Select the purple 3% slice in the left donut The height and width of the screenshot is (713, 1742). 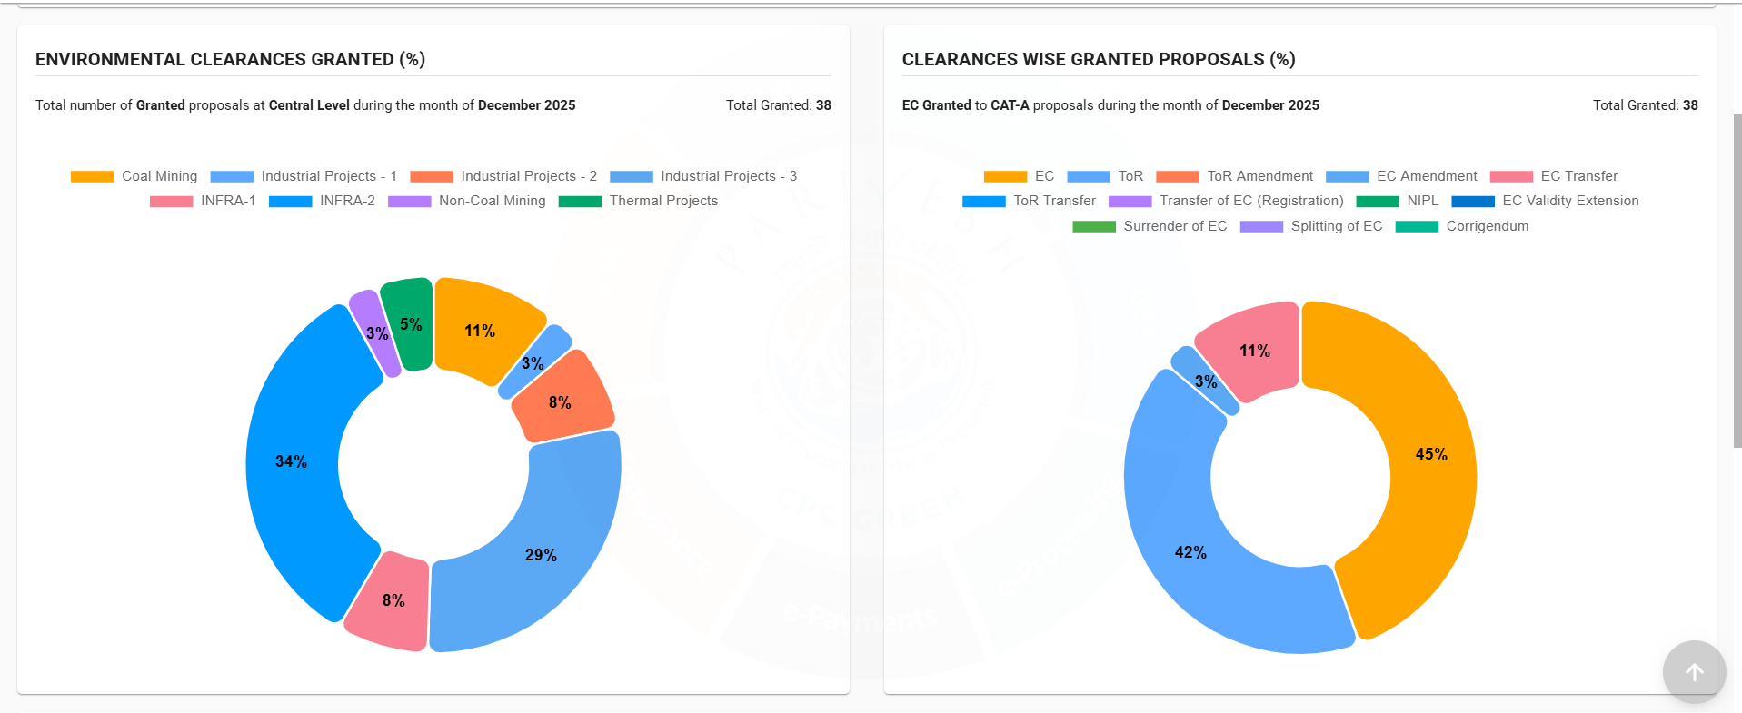tap(375, 333)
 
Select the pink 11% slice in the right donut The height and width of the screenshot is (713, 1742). tap(1253, 351)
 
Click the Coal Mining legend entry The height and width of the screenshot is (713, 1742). tap(134, 176)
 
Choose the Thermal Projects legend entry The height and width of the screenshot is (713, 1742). tap(638, 201)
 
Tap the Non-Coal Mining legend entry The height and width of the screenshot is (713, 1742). tap(467, 201)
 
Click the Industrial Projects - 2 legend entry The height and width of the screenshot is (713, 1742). tap(503, 176)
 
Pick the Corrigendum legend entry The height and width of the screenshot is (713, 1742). tap(1462, 226)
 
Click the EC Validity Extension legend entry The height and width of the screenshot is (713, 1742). tap(1545, 201)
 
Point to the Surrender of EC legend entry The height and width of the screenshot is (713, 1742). tap(1150, 226)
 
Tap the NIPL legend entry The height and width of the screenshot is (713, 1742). tap(1398, 201)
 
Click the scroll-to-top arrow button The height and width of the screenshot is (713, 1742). tap(1694, 672)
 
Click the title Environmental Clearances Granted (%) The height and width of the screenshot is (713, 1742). tap(230, 59)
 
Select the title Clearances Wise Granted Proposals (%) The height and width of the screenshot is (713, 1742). tap(1098, 59)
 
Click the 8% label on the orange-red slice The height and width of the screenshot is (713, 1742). tap(560, 402)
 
